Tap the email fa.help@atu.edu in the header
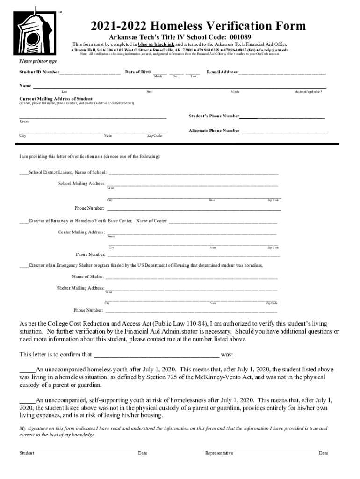pyautogui.click(x=274, y=49)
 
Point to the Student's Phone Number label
pyautogui.click(x=214, y=116)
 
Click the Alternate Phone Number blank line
pyautogui.click(x=285, y=131)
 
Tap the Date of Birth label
pyautogui.click(x=138, y=72)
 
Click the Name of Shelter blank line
pyautogui.click(x=191, y=277)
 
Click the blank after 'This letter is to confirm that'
pyautogui.click(x=157, y=355)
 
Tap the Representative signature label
pyautogui.click(x=219, y=453)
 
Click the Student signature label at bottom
pyautogui.click(x=27, y=453)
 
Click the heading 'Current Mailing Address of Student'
pyautogui.click(x=55, y=99)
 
